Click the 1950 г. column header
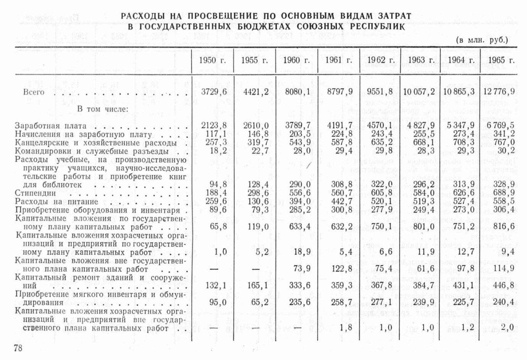[212, 60]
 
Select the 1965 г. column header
[501, 60]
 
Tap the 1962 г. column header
[380, 60]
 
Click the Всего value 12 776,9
[498, 92]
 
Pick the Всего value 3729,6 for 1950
[213, 92]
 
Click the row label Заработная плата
[51, 126]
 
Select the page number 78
[18, 348]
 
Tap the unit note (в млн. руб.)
[482, 40]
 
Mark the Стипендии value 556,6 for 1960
[298, 193]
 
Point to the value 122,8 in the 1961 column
[340, 269]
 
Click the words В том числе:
[102, 109]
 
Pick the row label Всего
[34, 92]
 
